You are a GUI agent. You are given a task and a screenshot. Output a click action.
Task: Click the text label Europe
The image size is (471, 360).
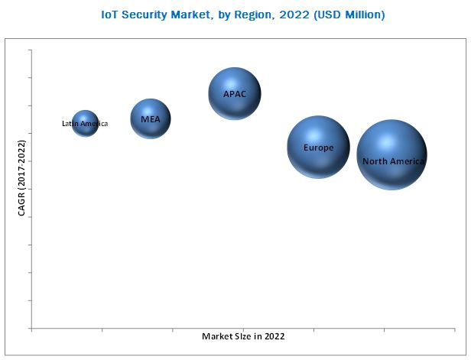pos(318,148)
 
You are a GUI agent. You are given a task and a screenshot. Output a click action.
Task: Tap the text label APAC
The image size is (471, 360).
pos(235,94)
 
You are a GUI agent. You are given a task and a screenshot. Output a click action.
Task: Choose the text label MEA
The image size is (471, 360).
pos(150,119)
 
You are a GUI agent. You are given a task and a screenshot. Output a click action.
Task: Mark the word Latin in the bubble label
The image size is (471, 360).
pos(70,123)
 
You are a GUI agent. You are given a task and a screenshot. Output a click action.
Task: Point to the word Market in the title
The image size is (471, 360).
pos(198,15)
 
